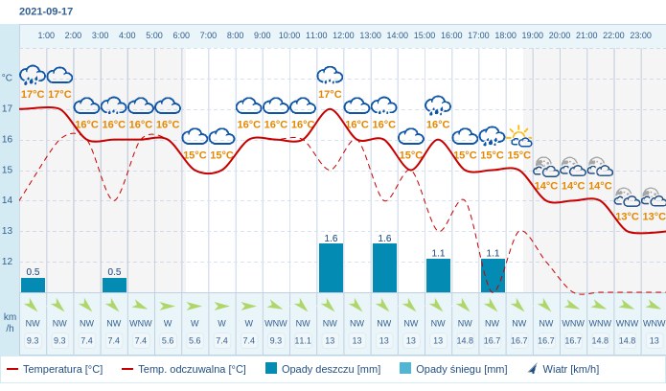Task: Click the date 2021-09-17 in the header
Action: (46, 11)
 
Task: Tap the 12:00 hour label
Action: (343, 35)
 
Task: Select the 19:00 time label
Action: (532, 35)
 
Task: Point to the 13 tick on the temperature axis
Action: (8, 231)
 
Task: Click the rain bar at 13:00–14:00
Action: (384, 267)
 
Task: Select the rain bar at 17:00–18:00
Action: (493, 275)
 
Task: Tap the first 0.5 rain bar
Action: (33, 286)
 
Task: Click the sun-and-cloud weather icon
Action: (519, 136)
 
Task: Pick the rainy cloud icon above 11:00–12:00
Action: (330, 75)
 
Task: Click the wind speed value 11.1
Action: (303, 340)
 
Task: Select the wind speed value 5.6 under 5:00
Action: (168, 340)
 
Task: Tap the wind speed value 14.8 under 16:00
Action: (465, 340)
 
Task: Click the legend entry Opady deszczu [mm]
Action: (323, 369)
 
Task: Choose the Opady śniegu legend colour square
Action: (405, 368)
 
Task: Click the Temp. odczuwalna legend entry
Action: (183, 369)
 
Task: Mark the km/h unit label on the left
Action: (10, 323)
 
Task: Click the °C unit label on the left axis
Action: (7, 78)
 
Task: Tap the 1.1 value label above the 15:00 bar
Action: (438, 253)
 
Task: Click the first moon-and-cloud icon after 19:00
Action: (546, 167)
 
